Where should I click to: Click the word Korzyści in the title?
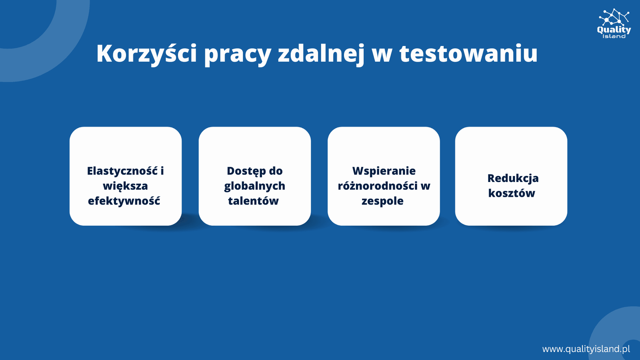[146, 53]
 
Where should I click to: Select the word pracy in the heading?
[238, 55]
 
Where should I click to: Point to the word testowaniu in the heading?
[468, 53]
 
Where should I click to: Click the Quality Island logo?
[614, 24]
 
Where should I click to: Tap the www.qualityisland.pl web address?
[586, 349]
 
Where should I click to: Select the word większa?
[125, 186]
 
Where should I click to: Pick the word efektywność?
[124, 201]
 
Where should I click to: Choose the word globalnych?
[254, 186]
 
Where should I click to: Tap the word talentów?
[253, 201]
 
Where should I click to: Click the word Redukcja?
[513, 178]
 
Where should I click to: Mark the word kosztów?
[512, 193]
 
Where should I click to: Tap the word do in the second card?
[276, 171]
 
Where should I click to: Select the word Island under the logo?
[614, 36]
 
